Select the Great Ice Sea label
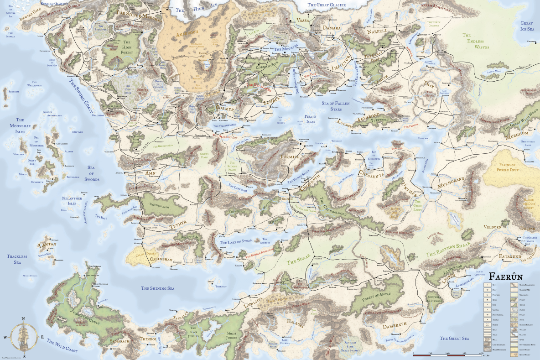click(x=527, y=26)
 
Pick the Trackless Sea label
click(x=17, y=259)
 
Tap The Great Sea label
click(x=454, y=338)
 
